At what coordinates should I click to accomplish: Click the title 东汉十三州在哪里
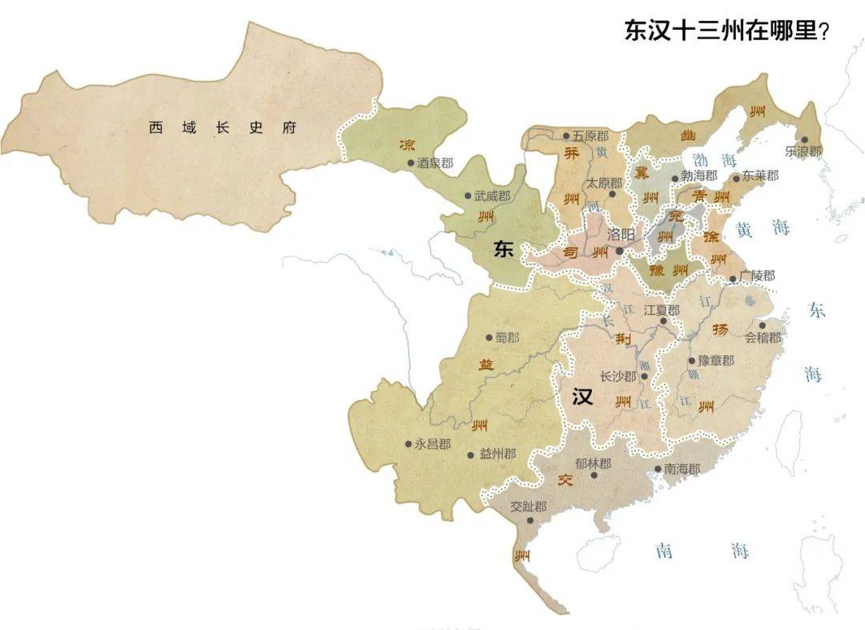point(726,31)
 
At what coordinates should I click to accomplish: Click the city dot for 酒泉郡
point(411,163)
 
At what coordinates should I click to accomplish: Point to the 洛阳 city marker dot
point(620,251)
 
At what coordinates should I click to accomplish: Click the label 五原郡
point(593,136)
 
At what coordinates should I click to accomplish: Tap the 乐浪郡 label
point(803,151)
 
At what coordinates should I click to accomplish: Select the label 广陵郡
point(757,276)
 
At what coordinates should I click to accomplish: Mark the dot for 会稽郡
point(762,325)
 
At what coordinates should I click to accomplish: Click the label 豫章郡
point(715,361)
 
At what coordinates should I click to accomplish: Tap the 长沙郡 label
point(618,376)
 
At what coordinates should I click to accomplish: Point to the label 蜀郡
point(506,337)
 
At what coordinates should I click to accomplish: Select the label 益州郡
point(497,454)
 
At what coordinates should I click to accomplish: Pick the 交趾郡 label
point(529,507)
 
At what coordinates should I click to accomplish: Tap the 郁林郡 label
point(593,463)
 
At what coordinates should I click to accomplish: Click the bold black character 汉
point(582,397)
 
